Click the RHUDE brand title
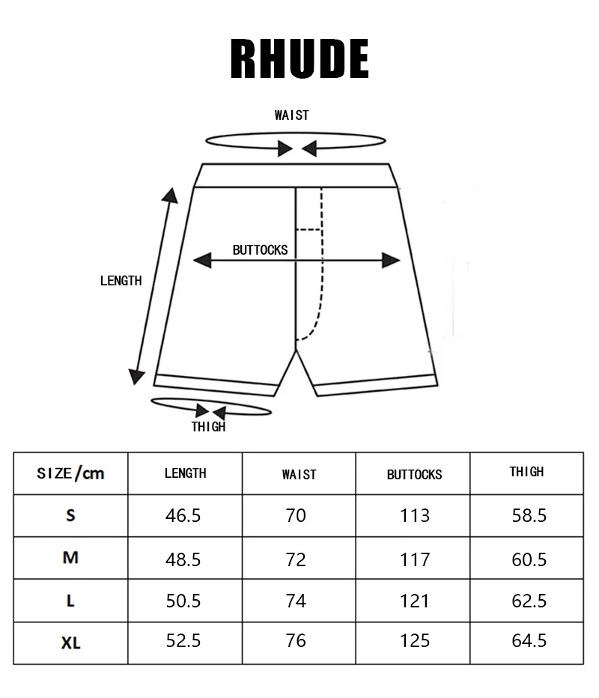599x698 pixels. tap(299, 58)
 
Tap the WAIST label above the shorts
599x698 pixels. tap(291, 115)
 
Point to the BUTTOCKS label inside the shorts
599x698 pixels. tap(261, 249)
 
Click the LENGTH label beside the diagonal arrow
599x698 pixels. tap(121, 280)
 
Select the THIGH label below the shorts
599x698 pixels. tap(208, 426)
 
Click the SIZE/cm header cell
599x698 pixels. tap(70, 473)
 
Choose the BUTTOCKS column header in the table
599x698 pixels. tap(414, 475)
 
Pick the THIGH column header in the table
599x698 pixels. tap(526, 471)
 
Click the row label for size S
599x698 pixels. tap(70, 515)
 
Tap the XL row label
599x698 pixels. tap(71, 643)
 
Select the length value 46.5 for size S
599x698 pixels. tap(183, 515)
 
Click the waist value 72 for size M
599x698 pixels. tap(296, 559)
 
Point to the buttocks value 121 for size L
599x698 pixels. tap(414, 601)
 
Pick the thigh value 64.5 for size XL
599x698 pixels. tap(529, 640)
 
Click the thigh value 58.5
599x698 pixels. tap(529, 515)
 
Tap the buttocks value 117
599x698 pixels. tap(415, 559)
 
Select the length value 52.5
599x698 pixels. tap(183, 640)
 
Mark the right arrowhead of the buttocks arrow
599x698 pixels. tap(391, 261)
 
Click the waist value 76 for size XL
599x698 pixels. tap(296, 640)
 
